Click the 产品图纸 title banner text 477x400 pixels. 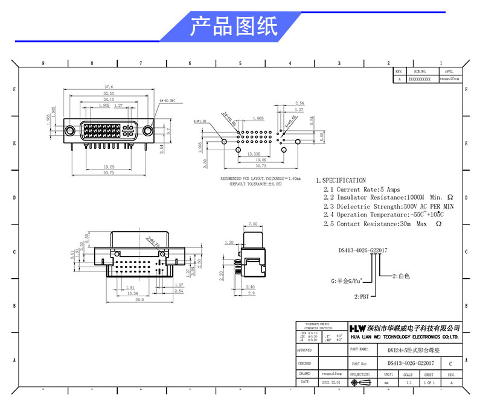(x=234, y=27)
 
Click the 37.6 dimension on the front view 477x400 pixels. (x=109, y=87)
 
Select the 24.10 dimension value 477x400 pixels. (x=109, y=100)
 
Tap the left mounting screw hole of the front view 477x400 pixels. (x=71, y=130)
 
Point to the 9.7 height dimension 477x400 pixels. (x=170, y=130)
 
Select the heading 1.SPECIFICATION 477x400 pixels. (x=341, y=180)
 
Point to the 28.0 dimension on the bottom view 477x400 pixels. (x=138, y=300)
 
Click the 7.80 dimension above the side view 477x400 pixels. (x=253, y=223)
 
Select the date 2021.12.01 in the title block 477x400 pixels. (x=330, y=383)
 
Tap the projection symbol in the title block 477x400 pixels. (x=364, y=383)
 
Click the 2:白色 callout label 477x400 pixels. (x=401, y=276)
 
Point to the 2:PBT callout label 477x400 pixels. (x=362, y=296)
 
